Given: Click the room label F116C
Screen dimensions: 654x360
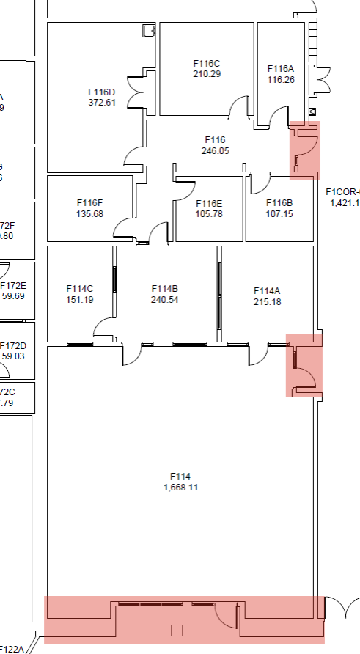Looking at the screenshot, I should point(207,64).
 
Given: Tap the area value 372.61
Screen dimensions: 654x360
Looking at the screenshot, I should point(101,103).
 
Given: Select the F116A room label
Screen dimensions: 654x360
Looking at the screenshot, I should point(281,69).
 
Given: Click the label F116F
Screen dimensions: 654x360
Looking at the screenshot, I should point(89,203).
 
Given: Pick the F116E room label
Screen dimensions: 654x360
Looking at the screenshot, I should point(208,203).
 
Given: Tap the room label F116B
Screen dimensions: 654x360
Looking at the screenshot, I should point(279,203).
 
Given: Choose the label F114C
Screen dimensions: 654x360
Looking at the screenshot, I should point(79,289).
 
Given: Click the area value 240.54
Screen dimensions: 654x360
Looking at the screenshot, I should point(165,299).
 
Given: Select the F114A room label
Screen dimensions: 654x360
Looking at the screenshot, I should point(268,290).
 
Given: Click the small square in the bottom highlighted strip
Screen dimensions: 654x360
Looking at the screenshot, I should point(176,630).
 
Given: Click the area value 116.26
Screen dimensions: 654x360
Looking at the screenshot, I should point(281,79).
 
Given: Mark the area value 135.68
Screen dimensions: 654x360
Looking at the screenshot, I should point(89,214).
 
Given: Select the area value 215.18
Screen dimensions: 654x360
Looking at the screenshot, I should point(268,301).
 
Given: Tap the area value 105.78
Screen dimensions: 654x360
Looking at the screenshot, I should point(208,214).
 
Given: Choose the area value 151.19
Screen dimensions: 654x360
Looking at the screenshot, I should point(79,300).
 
